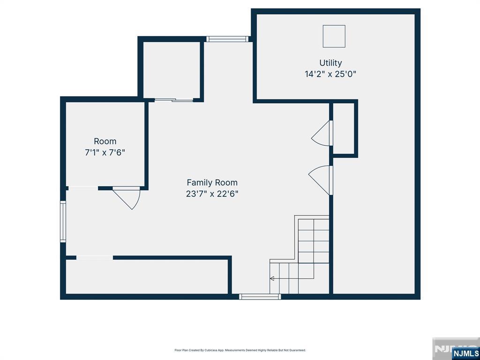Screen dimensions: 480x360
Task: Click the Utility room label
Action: (330, 63)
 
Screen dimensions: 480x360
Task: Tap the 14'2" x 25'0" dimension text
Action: (330, 74)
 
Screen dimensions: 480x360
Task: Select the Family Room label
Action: (212, 183)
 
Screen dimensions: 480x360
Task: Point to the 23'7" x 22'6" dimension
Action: (212, 194)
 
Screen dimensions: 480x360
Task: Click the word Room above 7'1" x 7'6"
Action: (105, 142)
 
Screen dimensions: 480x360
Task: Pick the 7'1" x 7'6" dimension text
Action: (105, 152)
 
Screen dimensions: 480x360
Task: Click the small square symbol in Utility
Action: (334, 36)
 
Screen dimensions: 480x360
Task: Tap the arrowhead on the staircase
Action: (272, 278)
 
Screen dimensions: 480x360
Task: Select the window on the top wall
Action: (227, 39)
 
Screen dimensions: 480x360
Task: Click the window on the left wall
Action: (63, 221)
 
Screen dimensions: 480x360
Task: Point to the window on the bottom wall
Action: (260, 296)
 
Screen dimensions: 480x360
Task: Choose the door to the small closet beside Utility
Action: (322, 133)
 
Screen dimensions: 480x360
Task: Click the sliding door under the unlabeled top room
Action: (174, 100)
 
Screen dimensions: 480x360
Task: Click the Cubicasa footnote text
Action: (240, 350)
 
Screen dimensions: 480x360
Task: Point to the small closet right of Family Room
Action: (344, 128)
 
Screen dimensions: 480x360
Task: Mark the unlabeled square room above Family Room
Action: (172, 70)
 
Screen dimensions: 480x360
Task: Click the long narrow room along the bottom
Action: (147, 277)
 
